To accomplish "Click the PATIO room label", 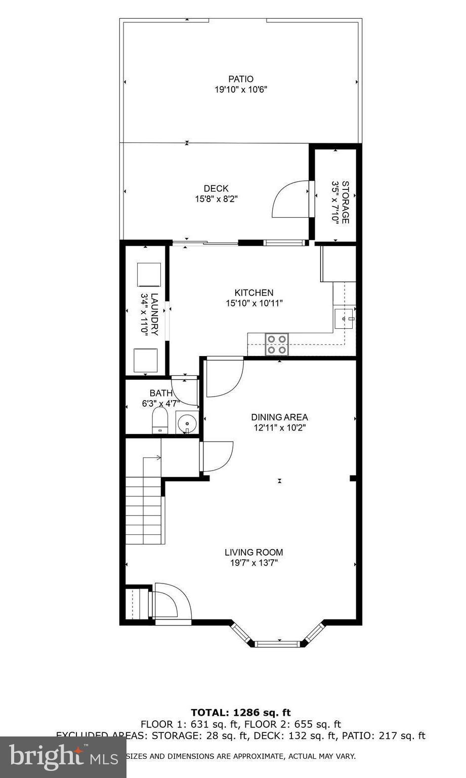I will pos(240,79).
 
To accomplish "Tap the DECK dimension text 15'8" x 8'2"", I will pos(216,199).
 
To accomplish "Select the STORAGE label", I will pos(345,202).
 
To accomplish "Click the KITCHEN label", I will pos(253,293).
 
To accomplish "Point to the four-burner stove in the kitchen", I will pos(276,344).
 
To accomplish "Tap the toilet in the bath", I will pos(160,421).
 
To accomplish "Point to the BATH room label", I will pos(160,393).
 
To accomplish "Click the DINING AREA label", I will pos(279,417).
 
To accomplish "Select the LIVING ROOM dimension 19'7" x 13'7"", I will pos(253,563).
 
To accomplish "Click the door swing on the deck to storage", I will pos(291,199).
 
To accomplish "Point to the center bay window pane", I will pos(277,644).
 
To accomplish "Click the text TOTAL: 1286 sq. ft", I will pos(240,713).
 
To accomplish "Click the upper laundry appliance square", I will pos(149,275).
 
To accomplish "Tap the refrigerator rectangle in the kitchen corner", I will pos(338,263).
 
